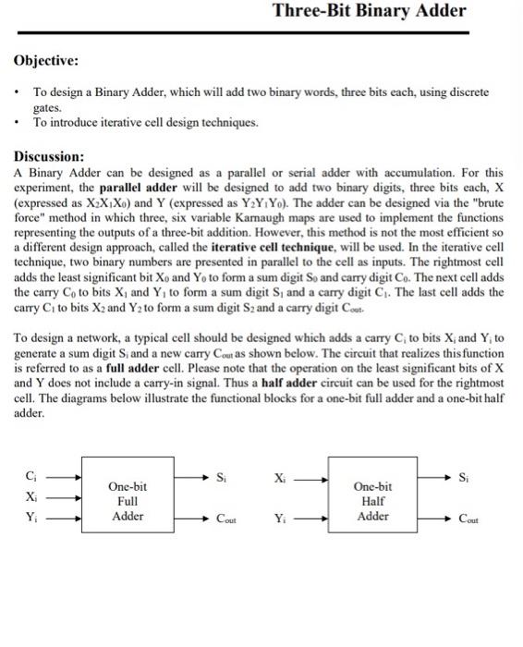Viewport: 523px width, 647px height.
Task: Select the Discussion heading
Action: pos(50,156)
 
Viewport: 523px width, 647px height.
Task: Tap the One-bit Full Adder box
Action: pos(128,501)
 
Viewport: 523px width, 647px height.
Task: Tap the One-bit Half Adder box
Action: pos(373,501)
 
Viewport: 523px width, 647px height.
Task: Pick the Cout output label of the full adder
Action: pos(225,520)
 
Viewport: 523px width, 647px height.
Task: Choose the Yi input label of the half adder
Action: pos(280,519)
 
